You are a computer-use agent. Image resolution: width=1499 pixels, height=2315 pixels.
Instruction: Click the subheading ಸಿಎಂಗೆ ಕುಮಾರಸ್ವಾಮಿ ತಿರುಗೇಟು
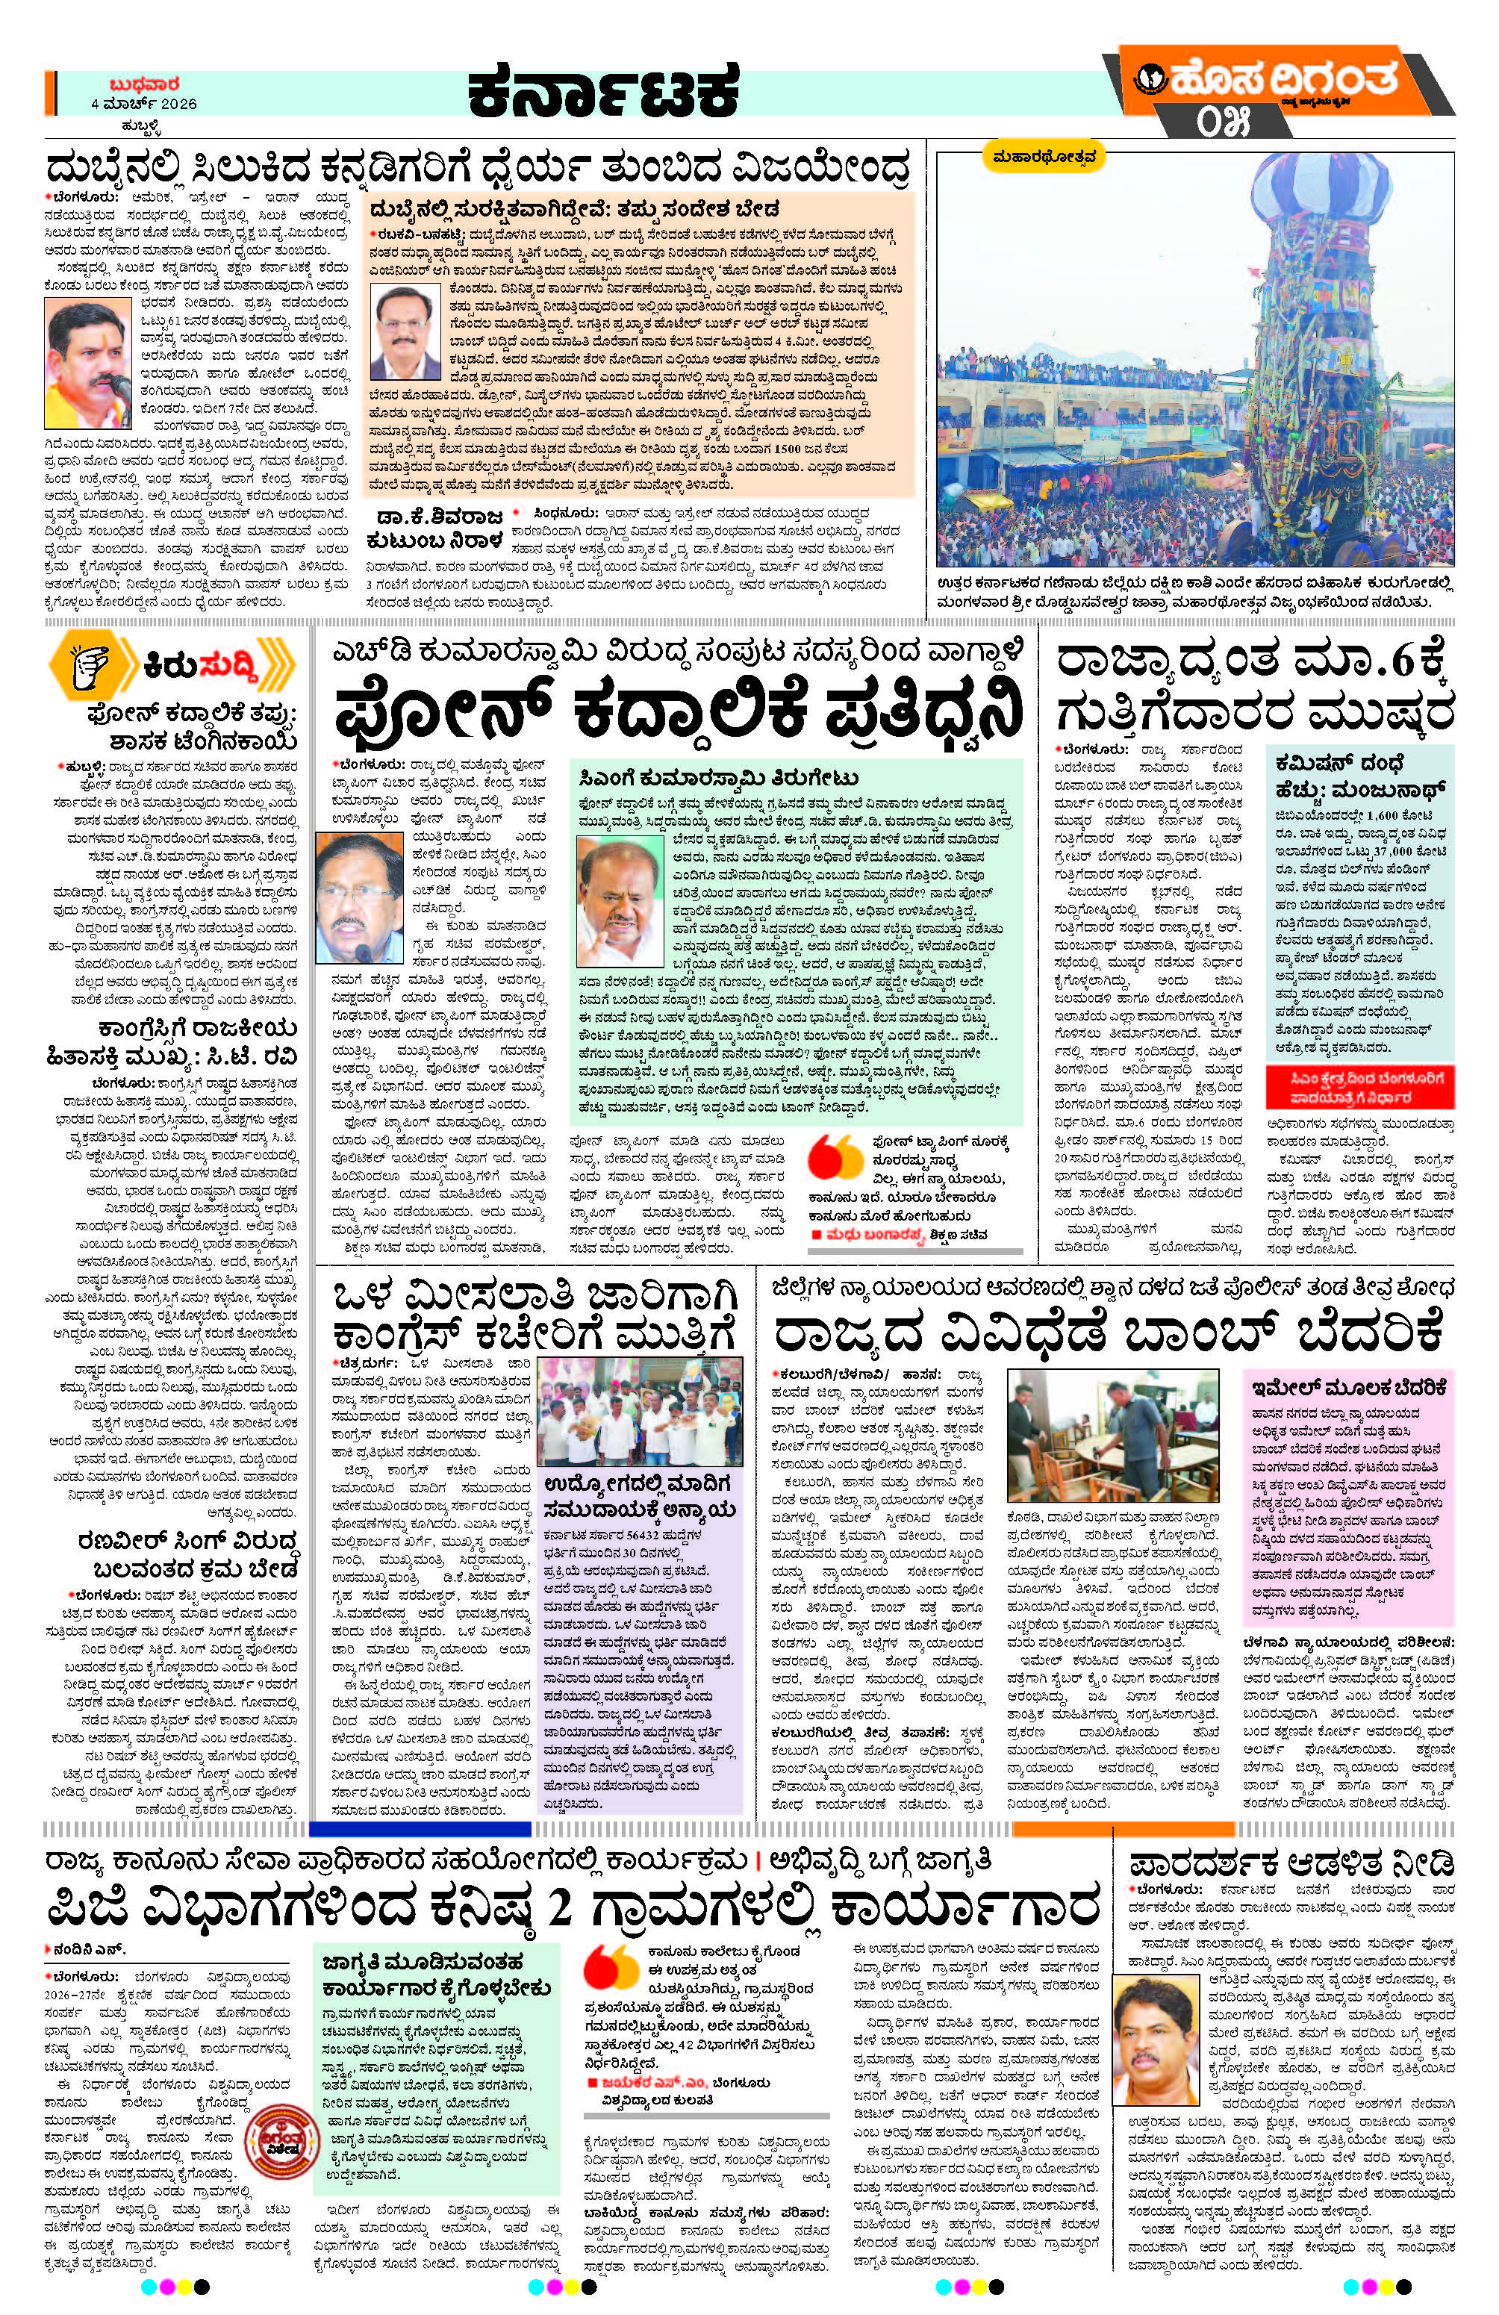(715, 777)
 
